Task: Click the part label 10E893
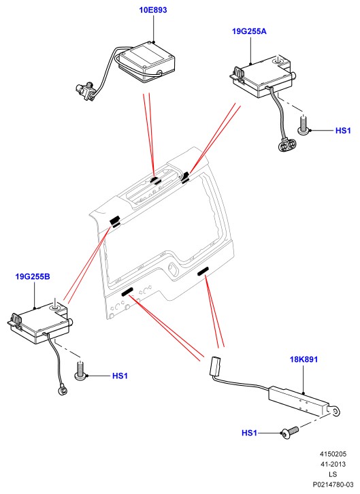click(x=153, y=10)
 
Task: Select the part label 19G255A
click(x=249, y=31)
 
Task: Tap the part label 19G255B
click(x=33, y=277)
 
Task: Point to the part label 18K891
click(x=304, y=359)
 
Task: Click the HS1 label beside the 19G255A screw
click(x=343, y=131)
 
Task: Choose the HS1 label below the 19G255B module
click(x=120, y=376)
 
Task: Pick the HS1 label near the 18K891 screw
click(x=250, y=433)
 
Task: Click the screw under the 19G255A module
click(x=304, y=125)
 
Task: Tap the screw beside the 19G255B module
click(x=80, y=371)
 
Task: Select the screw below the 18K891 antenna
click(x=290, y=433)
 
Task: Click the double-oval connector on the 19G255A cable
click(x=287, y=145)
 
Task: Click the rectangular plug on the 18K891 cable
click(x=215, y=366)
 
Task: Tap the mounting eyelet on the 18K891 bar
click(x=336, y=412)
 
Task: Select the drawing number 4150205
click(x=333, y=454)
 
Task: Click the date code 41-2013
click(x=333, y=464)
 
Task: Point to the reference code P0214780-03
click(x=333, y=484)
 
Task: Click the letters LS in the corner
click(x=333, y=474)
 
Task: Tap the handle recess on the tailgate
click(x=174, y=268)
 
